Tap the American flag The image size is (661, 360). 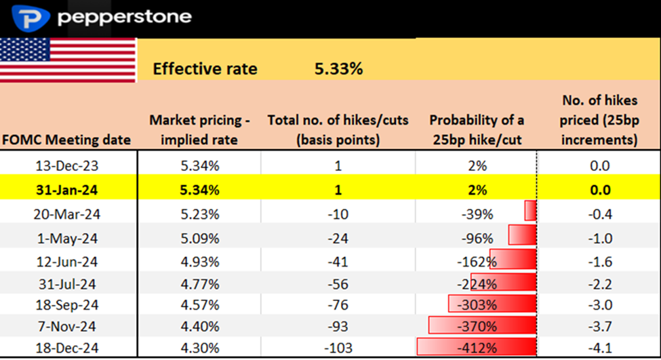[68, 60]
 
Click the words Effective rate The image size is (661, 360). [205, 68]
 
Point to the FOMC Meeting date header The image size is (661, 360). [66, 140]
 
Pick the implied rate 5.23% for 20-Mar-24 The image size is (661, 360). [200, 214]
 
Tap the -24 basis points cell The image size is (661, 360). [337, 238]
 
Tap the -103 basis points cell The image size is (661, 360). [337, 348]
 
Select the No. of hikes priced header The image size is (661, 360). [600, 120]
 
